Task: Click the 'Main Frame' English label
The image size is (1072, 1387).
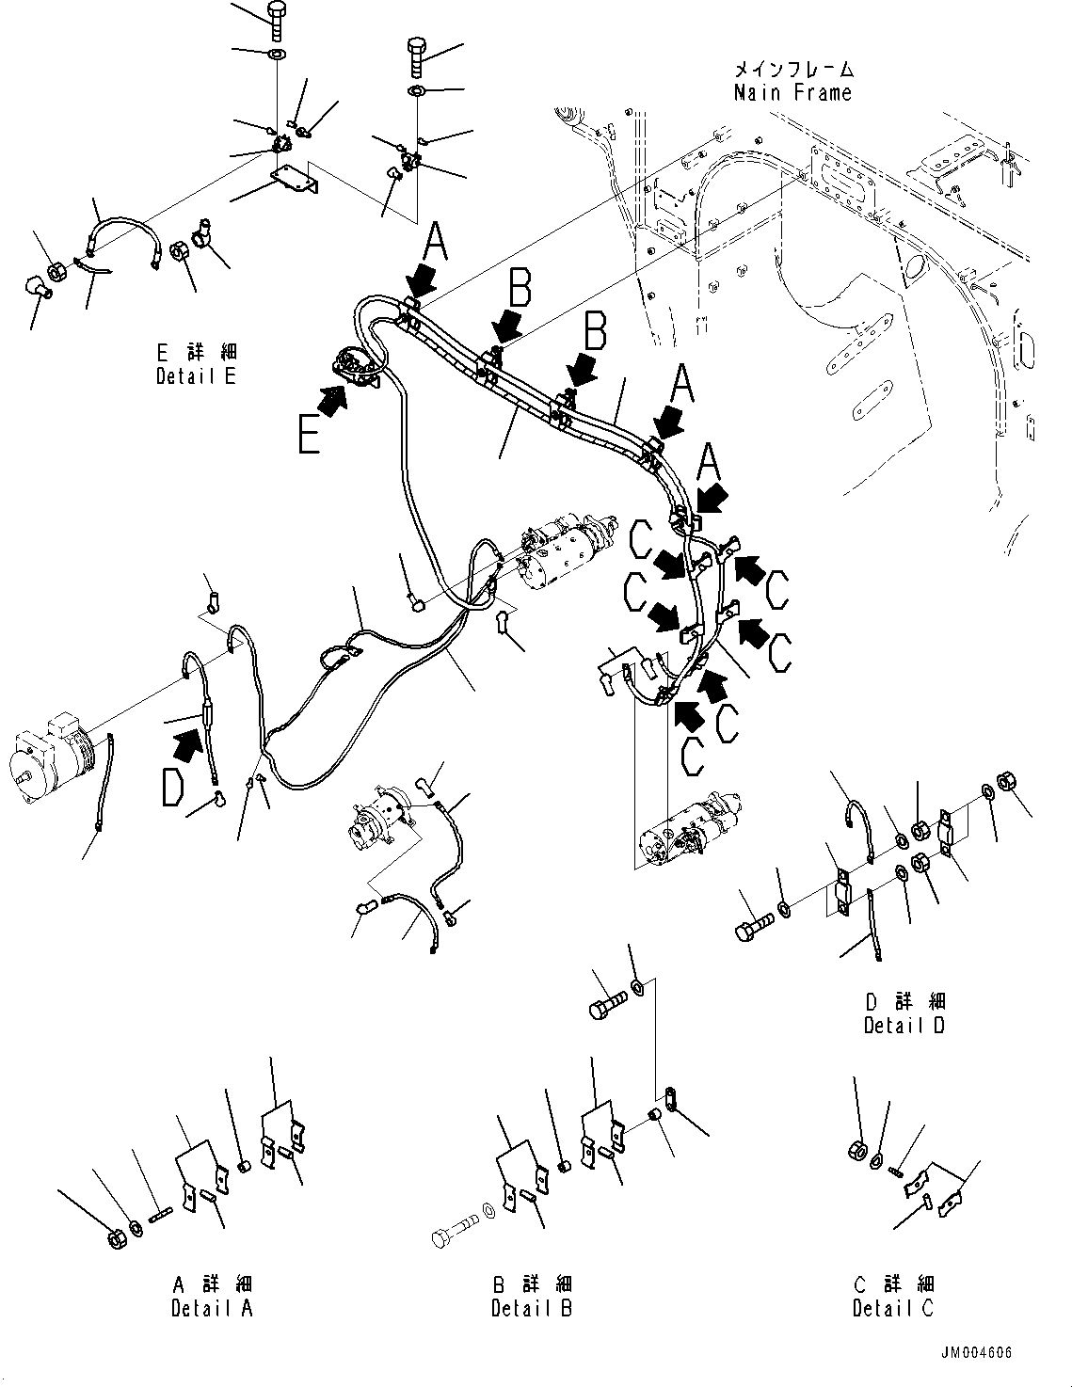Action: click(792, 92)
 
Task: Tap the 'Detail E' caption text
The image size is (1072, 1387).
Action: click(196, 376)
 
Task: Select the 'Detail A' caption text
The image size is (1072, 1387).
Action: click(212, 1308)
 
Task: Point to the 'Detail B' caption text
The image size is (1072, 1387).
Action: click(531, 1308)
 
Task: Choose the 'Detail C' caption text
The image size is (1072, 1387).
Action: click(893, 1308)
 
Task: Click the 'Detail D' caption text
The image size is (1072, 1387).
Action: click(904, 1026)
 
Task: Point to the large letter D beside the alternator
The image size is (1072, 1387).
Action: click(172, 789)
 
